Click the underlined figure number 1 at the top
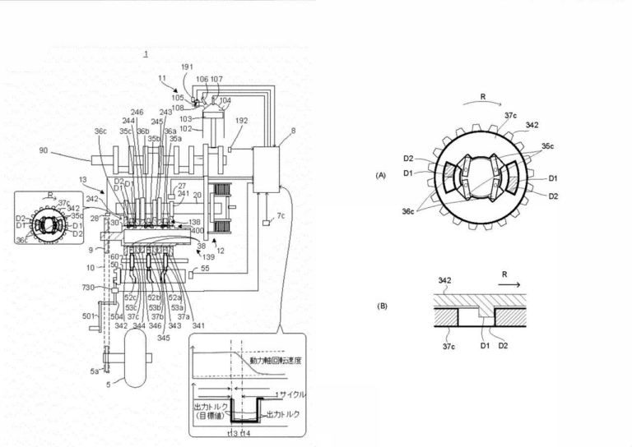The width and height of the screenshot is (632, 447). click(146, 55)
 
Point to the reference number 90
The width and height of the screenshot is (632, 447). click(44, 150)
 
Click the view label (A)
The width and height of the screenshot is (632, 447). click(380, 175)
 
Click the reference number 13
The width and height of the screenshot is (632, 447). click(83, 180)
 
